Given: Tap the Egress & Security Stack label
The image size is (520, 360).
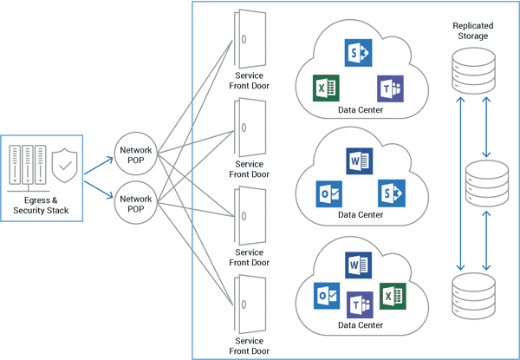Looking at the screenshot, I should pos(42,205).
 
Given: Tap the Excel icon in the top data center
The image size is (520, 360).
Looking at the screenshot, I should pos(326,88).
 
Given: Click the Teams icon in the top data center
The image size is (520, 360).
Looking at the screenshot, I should pos(390,88).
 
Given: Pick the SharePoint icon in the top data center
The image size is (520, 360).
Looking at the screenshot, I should pos(357,52).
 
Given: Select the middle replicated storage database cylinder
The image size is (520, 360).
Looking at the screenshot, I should pos(485,180).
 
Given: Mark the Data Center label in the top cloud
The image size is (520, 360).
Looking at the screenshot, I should pos(359,109).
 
